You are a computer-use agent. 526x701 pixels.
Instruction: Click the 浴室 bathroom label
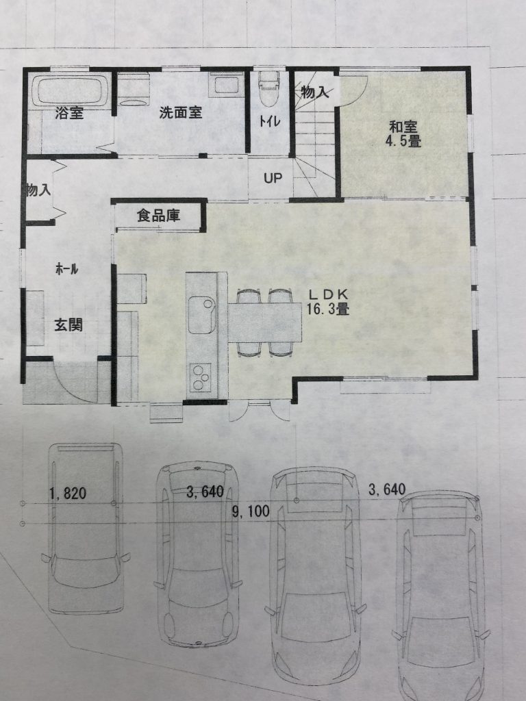coord(69,113)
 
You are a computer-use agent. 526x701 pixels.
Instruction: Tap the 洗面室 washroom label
coord(181,112)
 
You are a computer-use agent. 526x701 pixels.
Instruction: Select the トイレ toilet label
coord(270,121)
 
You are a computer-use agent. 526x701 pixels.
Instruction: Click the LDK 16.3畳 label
coord(328,301)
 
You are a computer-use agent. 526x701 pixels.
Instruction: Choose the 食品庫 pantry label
coord(158,216)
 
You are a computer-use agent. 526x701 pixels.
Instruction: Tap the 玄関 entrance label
coord(68,325)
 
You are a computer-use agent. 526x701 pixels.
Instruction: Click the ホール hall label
coord(66,268)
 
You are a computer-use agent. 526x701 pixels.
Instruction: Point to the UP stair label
coord(273,179)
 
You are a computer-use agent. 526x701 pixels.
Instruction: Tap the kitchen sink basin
coord(202,315)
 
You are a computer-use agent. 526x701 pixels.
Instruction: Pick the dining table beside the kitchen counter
coord(266,322)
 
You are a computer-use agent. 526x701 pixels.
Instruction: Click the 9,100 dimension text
coord(251,511)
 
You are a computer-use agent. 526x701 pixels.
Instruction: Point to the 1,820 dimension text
coord(68,494)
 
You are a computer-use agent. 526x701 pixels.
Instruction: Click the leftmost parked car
coord(85,528)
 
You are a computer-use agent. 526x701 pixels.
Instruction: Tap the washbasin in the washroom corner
coord(226,85)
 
